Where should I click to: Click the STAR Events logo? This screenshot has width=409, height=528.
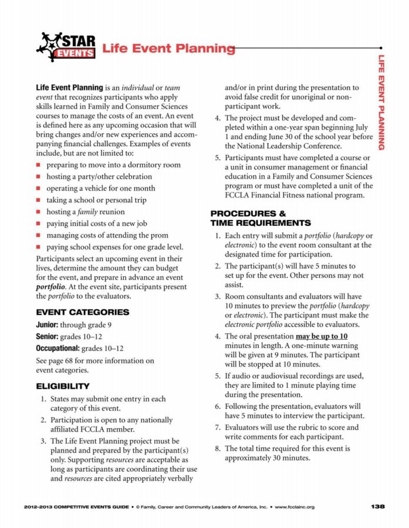click(x=66, y=47)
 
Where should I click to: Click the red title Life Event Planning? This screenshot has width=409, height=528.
click(x=168, y=49)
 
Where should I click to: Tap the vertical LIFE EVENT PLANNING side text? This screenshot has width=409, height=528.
click(x=381, y=103)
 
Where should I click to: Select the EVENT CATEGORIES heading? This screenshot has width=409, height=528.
click(x=82, y=312)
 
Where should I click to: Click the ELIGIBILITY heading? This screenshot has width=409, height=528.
click(x=63, y=386)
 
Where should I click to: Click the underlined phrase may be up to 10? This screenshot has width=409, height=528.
click(x=322, y=336)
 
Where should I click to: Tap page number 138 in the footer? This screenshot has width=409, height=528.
click(x=378, y=506)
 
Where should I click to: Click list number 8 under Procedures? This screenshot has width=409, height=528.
click(x=217, y=448)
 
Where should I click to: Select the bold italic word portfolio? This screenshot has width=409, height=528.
click(x=50, y=287)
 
